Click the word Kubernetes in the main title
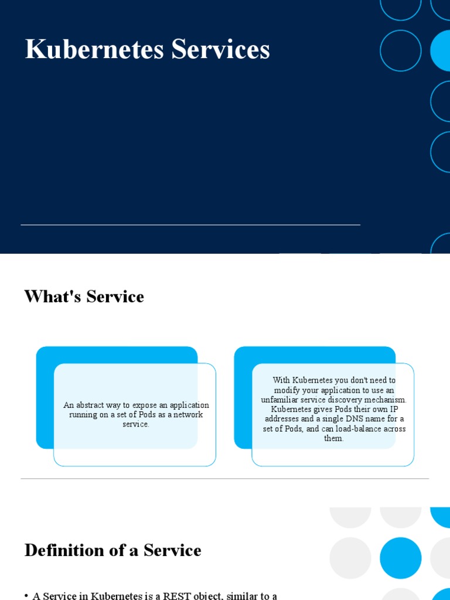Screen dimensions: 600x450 pos(94,50)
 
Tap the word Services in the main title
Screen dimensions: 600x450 pos(221,50)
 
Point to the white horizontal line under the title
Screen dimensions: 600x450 pos(190,224)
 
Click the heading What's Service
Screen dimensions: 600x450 pos(84,296)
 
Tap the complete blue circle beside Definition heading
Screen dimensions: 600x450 pos(401,558)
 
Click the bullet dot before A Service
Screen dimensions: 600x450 pos(26,596)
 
